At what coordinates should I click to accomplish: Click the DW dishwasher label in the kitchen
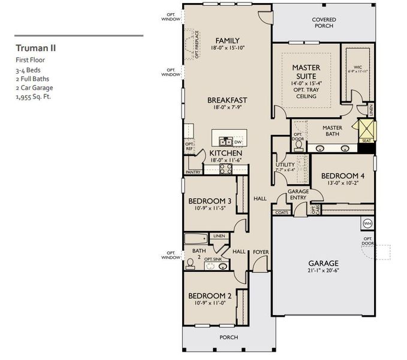238,142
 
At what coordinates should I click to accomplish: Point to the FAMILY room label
228,40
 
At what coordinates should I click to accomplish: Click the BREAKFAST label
228,100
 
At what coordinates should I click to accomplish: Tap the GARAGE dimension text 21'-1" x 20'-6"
324,271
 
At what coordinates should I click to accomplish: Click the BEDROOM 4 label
342,176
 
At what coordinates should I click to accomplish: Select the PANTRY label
193,172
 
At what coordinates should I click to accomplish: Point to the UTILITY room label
285,164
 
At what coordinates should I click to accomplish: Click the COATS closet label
281,212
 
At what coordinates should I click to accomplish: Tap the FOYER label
260,252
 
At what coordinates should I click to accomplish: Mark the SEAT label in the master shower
366,141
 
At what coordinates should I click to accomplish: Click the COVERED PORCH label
324,23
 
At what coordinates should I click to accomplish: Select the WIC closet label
358,68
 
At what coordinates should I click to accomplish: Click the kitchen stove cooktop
225,169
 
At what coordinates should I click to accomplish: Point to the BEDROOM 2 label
210,296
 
